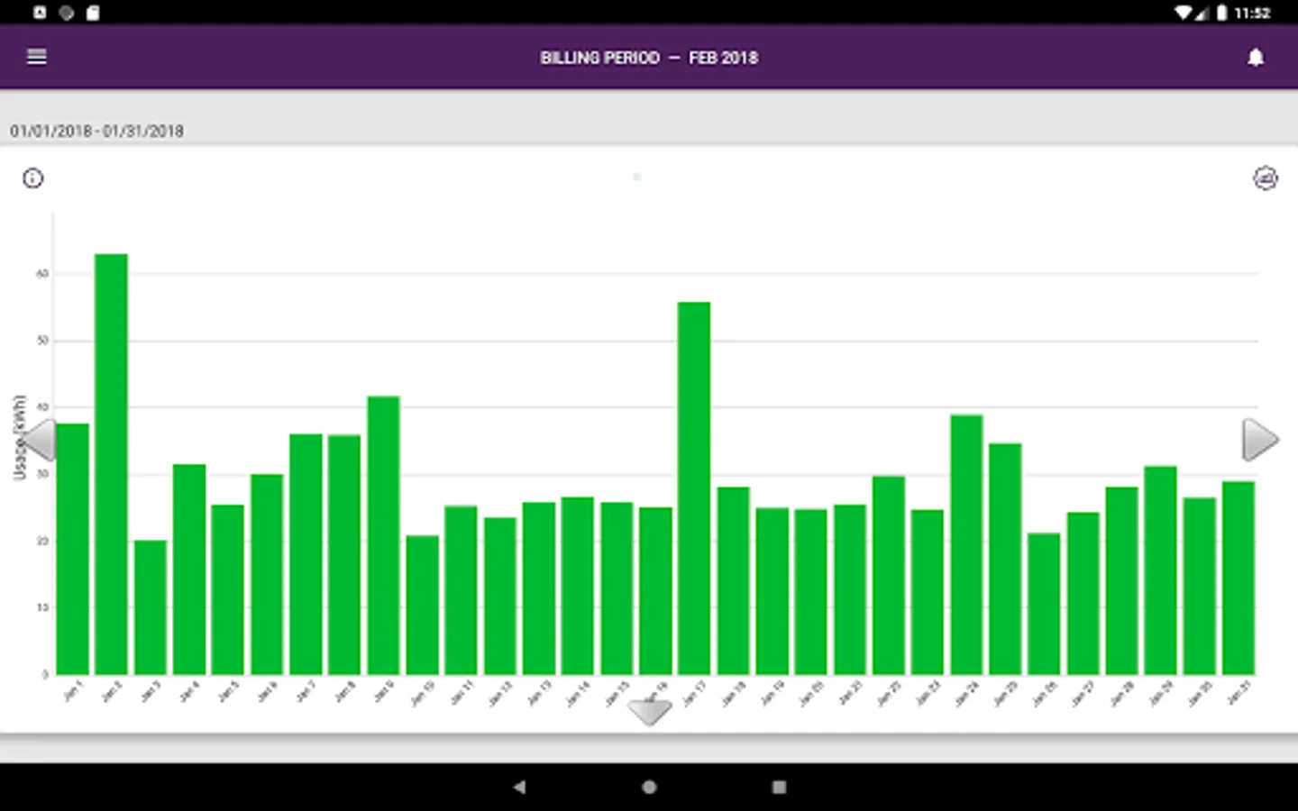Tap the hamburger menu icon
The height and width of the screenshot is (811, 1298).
pos(37,57)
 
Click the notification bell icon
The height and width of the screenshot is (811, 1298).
pos(1255,58)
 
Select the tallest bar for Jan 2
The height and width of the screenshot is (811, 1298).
pos(112,464)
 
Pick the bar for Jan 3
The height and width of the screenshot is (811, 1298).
pos(151,607)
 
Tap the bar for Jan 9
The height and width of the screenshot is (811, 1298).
pos(384,535)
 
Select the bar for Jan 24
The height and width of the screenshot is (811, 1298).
pos(966,544)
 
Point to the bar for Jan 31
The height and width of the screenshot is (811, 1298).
pos(1239,578)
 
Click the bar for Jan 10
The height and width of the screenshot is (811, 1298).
pos(423,605)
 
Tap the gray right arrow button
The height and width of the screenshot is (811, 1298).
pos(1259,440)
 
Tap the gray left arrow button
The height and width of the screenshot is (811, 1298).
pos(39,440)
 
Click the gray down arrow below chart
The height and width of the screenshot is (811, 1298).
pos(649,712)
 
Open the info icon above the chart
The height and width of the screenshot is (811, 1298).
pos(33,178)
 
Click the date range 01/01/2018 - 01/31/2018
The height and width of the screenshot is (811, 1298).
pos(97,131)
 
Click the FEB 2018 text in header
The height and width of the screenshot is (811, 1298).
pos(723,58)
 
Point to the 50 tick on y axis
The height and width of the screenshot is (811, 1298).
pos(42,341)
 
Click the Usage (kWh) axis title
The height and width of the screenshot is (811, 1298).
pos(19,437)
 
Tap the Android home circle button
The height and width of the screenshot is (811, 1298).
pos(649,787)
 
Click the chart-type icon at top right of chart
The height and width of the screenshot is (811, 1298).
pos(1266,178)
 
